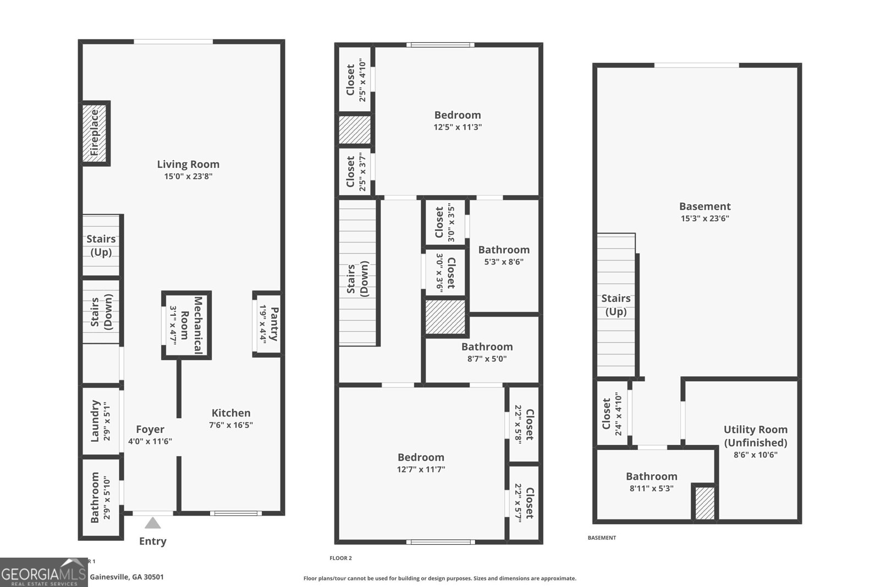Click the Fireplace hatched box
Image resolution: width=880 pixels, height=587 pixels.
95,133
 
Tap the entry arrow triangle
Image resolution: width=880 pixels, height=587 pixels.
152,523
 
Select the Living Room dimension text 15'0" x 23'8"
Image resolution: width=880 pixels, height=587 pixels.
188,177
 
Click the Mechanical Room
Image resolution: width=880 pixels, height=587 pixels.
186,325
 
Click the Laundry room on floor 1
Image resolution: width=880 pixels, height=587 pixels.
101,421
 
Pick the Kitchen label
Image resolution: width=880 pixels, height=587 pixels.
231,413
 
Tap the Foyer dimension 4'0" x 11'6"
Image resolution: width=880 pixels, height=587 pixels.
150,441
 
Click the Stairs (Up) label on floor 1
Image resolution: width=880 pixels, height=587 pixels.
101,245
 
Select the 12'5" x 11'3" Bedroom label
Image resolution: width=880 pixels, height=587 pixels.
458,115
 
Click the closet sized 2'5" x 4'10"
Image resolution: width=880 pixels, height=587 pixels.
355,80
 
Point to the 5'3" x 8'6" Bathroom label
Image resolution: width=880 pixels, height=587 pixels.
504,250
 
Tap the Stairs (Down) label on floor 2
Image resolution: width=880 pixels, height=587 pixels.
358,281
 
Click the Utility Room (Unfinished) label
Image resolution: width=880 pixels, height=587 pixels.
755,436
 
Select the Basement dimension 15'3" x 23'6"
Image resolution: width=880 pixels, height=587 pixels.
705,218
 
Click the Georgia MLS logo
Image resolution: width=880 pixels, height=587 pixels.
43,573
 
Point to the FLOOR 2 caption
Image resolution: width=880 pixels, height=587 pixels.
340,558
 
